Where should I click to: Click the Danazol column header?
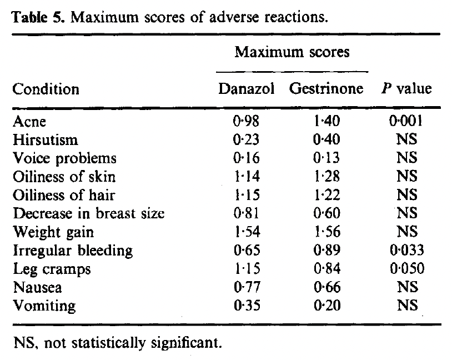tap(247, 88)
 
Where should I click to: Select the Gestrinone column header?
tap(326, 88)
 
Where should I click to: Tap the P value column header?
tap(406, 88)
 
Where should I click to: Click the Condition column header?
tap(46, 89)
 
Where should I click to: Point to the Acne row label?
tap(29, 121)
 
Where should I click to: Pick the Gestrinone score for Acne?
tap(327, 121)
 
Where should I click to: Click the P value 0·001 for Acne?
tap(406, 121)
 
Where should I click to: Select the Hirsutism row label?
tap(46, 139)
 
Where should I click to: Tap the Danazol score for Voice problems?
tap(247, 158)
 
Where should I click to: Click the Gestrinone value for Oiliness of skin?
tap(327, 176)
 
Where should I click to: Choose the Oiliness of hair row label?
tap(64, 195)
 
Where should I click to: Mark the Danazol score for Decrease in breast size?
tap(246, 213)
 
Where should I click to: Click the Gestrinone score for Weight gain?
tap(327, 232)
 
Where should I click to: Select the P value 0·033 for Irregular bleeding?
tap(406, 250)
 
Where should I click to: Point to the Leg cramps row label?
tap(52, 269)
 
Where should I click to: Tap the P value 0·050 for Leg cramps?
tap(407, 268)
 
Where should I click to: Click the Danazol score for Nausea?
tap(247, 287)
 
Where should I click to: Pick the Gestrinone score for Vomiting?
tap(327, 306)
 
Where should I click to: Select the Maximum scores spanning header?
tap(292, 52)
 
